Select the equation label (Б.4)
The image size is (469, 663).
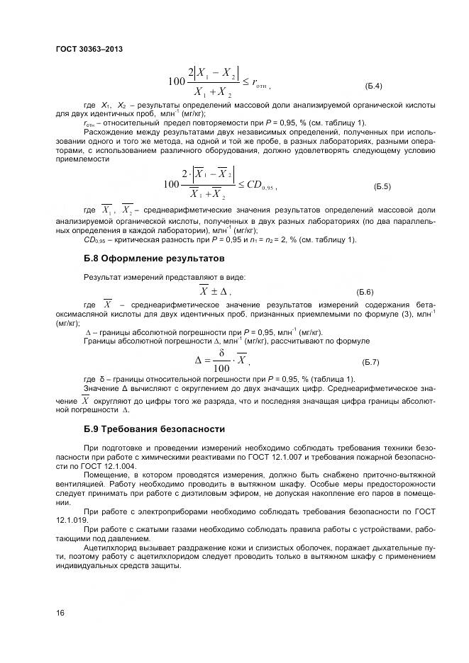click(373, 86)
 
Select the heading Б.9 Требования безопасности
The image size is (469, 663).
click(154, 429)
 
